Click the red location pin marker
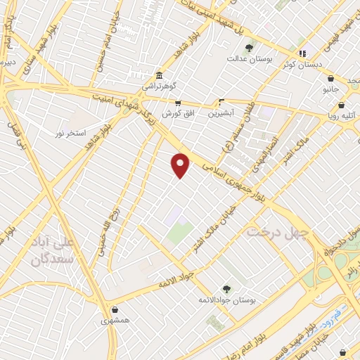181,165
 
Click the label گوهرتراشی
161,86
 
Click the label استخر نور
71,132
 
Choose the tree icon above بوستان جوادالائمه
226,289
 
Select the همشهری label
115,319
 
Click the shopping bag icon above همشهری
115,309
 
